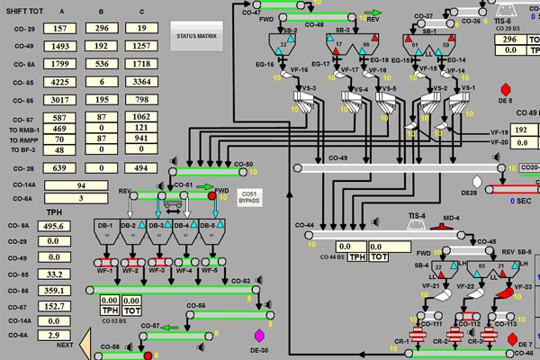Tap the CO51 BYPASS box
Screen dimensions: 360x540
(247, 196)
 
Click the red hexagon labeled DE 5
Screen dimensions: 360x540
(504, 90)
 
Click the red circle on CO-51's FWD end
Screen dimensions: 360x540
(212, 194)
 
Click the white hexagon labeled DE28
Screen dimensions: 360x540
(489, 183)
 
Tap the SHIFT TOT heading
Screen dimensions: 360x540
(26, 12)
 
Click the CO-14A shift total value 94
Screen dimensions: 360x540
(82, 184)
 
